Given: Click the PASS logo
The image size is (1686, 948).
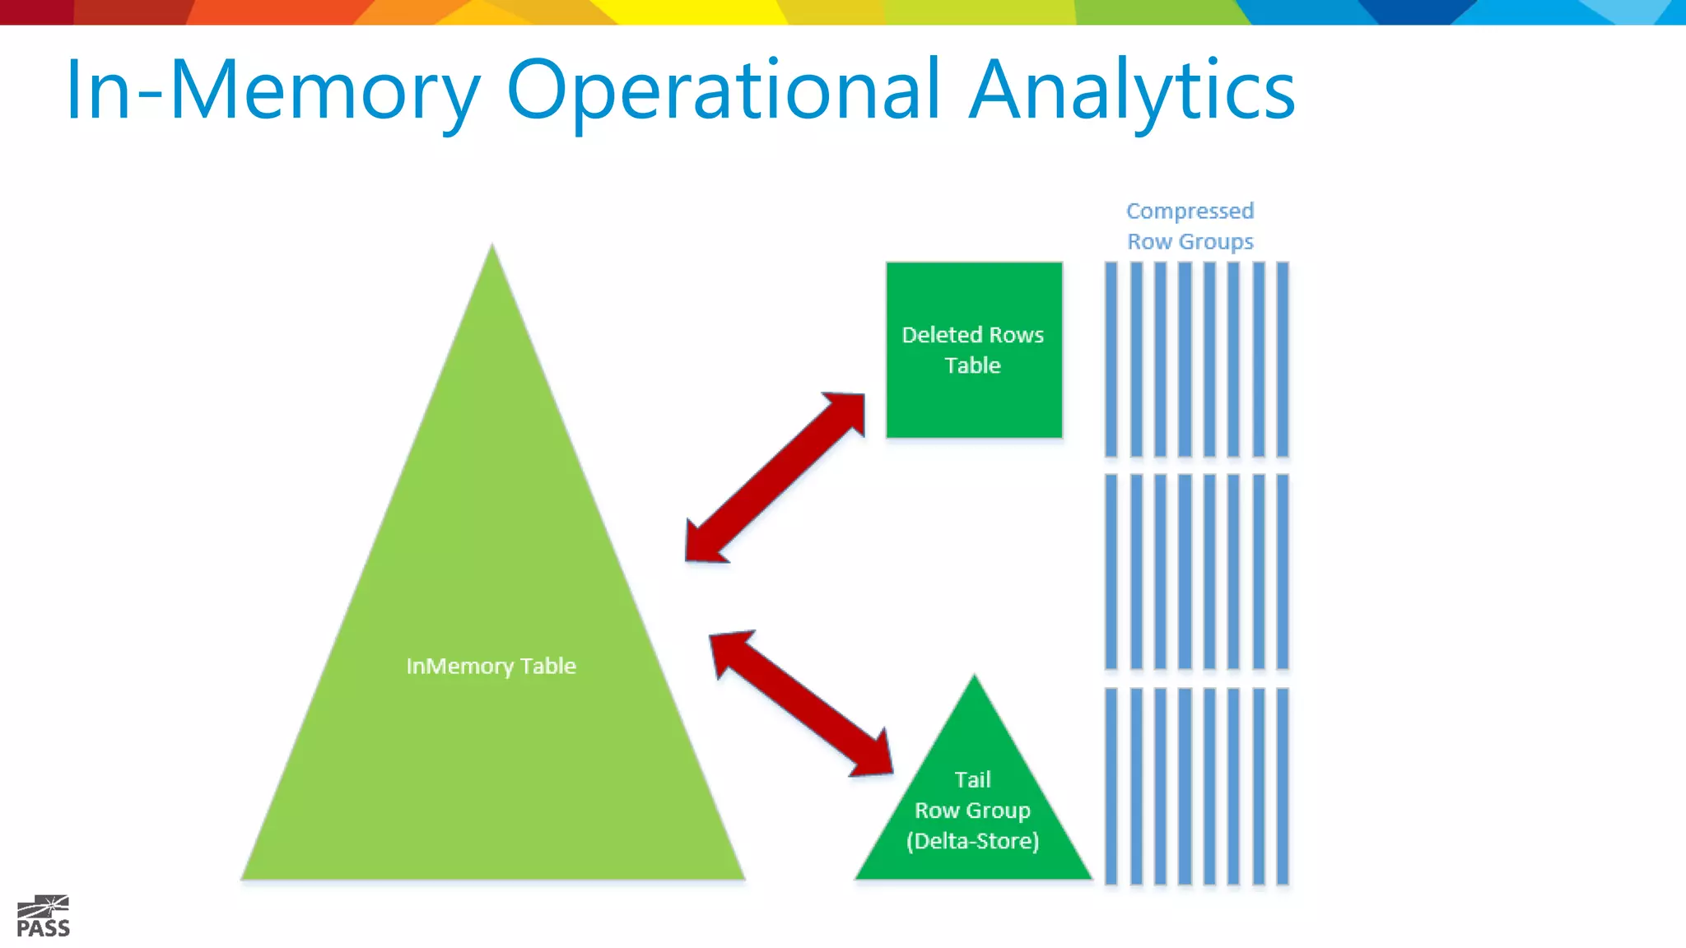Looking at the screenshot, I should [x=43, y=917].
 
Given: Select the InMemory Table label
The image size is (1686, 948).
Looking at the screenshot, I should [x=491, y=666].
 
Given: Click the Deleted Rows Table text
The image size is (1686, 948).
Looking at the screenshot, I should [x=973, y=350].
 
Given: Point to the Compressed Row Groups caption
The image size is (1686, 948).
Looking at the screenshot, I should [x=1190, y=226].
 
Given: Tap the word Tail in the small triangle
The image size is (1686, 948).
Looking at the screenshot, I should [x=972, y=779].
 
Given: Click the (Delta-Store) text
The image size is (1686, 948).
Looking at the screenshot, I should [x=972, y=841].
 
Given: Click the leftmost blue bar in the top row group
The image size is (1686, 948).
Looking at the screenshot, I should [x=1111, y=359].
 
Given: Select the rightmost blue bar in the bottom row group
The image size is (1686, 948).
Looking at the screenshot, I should [x=1282, y=786].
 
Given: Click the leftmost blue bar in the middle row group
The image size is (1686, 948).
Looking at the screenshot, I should [x=1111, y=571].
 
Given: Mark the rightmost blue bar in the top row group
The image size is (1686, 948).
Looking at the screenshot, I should [x=1282, y=359].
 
